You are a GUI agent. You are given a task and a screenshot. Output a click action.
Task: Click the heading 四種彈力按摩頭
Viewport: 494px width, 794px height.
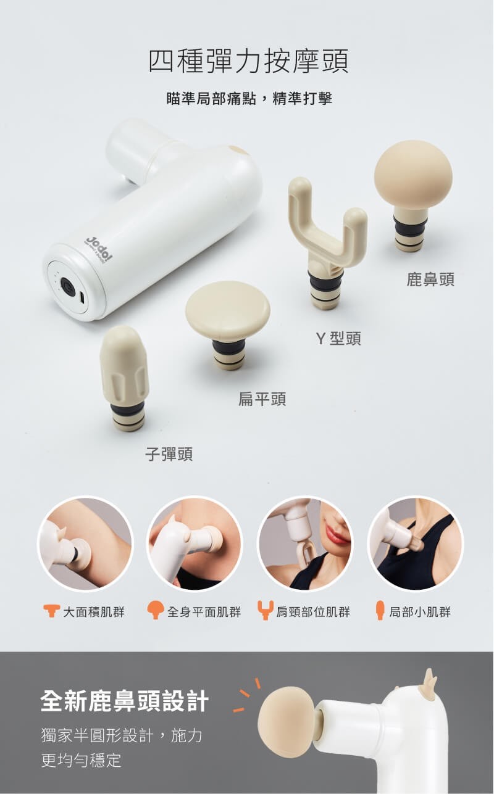coord(248,61)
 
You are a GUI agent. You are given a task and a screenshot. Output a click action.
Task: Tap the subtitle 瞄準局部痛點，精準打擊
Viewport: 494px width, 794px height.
coord(249,99)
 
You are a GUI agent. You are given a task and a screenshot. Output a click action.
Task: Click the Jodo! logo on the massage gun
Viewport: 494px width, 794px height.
coord(98,249)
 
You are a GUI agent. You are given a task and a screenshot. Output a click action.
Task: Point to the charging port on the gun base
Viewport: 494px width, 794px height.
coord(82,297)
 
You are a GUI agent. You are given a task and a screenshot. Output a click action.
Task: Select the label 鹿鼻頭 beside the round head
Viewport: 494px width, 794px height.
coord(430,279)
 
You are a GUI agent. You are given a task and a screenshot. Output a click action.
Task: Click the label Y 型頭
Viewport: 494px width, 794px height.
coord(338,339)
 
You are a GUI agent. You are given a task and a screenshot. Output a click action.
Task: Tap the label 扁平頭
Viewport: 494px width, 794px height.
coord(262,399)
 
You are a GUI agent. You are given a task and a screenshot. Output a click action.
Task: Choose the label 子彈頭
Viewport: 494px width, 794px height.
coord(169,454)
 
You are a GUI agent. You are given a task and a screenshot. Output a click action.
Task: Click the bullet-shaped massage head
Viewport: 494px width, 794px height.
coord(125,378)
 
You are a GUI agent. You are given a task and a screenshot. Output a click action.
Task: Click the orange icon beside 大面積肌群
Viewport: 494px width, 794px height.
coord(51,611)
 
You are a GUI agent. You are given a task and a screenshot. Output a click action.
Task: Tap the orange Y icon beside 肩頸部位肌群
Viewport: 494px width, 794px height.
coord(266,610)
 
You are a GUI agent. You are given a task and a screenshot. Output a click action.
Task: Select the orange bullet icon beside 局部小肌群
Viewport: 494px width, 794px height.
coord(380,610)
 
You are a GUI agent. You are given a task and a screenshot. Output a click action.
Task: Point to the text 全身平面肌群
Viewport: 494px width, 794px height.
coord(204,612)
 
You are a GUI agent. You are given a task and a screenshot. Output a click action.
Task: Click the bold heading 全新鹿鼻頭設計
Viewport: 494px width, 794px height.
coord(125,701)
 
